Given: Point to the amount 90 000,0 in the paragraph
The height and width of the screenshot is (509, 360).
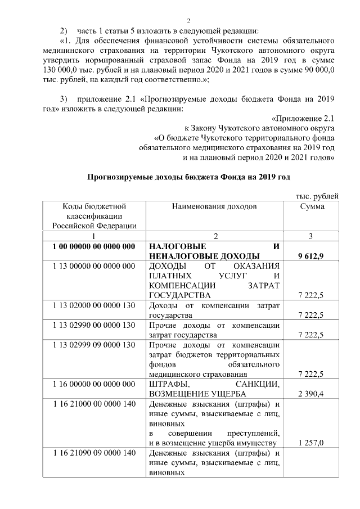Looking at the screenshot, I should tap(314, 70).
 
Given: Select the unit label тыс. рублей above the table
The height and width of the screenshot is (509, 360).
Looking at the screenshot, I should tap(317, 196).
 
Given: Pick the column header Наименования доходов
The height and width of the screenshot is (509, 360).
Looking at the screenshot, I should tap(214, 206).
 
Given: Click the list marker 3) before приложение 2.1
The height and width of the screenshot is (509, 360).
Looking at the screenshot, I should tap(64, 99).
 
